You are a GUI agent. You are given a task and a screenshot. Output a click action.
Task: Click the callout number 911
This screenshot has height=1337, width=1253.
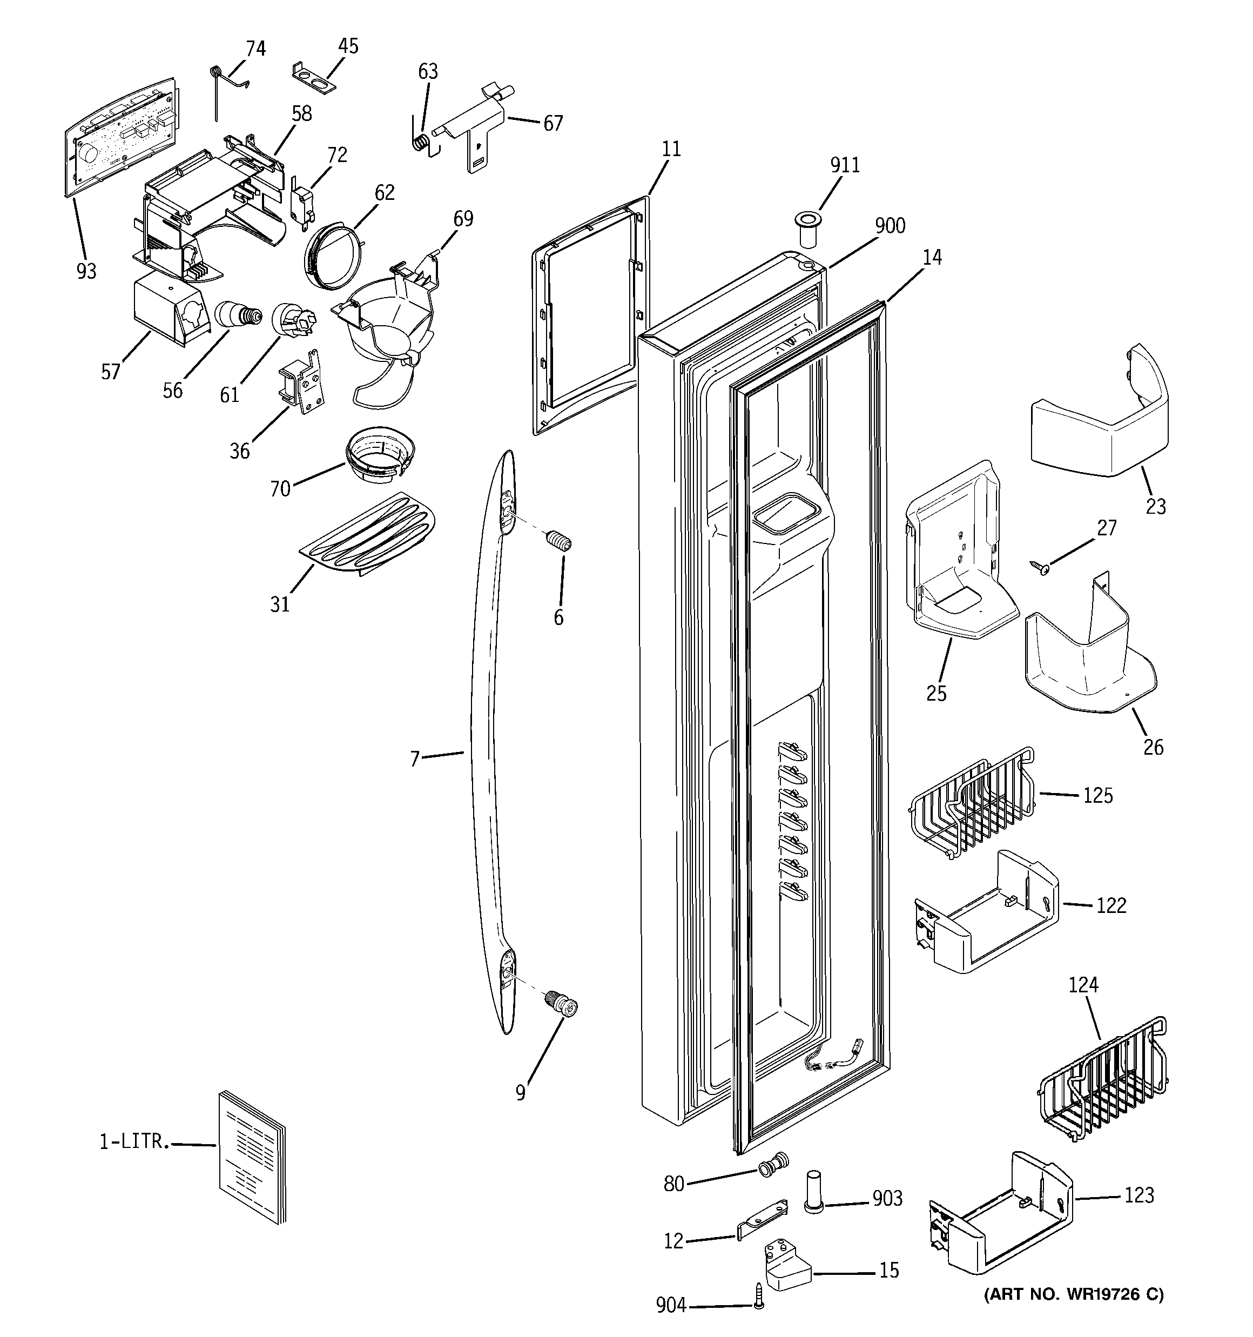pyautogui.click(x=844, y=165)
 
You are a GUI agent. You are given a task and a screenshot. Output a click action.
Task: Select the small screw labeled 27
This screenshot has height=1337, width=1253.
pyautogui.click(x=1040, y=568)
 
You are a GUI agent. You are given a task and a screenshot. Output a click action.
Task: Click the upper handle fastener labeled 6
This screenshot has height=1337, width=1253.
pyautogui.click(x=560, y=541)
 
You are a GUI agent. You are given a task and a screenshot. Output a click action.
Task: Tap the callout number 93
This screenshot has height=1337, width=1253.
pyautogui.click(x=86, y=271)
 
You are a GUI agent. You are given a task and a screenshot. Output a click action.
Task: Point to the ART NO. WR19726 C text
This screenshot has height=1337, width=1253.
pyautogui.click(x=1074, y=1294)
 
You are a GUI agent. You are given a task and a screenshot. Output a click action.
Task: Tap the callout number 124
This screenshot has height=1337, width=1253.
pyautogui.click(x=1083, y=985)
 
